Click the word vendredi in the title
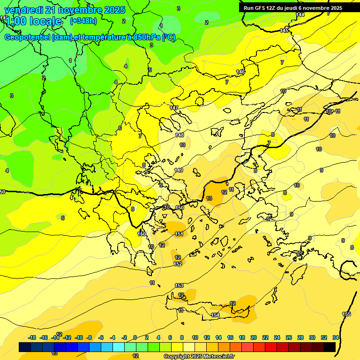(x=24, y=10)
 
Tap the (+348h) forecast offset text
(x=83, y=21)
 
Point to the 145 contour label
(x=285, y=30)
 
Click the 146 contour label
(x=240, y=72)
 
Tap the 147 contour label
(x=174, y=108)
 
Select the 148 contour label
(x=180, y=135)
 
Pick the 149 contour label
(x=179, y=170)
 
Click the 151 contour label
(x=179, y=234)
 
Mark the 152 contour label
(x=178, y=264)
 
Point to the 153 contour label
(x=179, y=285)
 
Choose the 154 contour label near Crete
(x=215, y=315)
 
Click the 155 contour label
(x=346, y=314)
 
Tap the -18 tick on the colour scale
(x=32, y=337)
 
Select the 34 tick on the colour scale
(x=336, y=337)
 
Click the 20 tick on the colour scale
(x=254, y=337)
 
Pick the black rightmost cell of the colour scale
(x=329, y=347)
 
